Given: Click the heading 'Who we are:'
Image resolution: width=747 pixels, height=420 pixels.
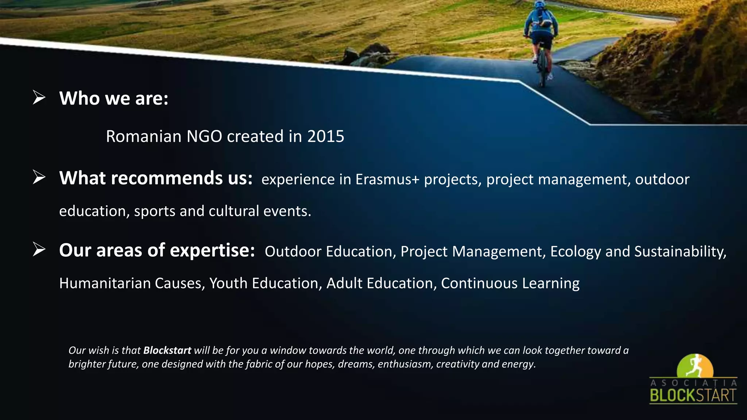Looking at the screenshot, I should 114,98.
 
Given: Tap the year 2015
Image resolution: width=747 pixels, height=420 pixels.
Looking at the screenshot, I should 325,136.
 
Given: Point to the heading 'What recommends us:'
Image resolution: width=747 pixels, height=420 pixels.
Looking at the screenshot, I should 156,178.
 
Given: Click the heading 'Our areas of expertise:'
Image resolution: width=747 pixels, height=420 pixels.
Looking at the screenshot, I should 157,250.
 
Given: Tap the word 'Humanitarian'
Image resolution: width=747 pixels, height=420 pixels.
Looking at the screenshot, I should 105,283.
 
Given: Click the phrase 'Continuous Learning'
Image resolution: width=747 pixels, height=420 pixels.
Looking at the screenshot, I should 510,283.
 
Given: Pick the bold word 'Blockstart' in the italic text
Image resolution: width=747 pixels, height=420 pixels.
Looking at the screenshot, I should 167,350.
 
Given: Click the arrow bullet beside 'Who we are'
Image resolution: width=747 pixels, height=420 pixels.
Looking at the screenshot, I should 39,98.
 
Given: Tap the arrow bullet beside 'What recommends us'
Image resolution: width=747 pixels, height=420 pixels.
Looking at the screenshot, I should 39,178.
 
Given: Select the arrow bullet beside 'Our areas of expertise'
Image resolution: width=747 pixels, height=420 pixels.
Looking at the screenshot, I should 39,250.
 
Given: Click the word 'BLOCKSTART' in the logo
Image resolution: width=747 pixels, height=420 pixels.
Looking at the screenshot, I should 693,396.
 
